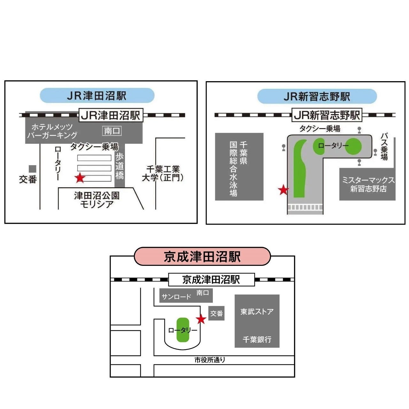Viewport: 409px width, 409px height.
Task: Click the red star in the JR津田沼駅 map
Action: [80, 178]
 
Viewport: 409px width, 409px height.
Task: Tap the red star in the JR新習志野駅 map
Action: [283, 190]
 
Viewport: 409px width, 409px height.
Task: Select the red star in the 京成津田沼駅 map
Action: [201, 319]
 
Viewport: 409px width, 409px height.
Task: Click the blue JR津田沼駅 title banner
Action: [97, 96]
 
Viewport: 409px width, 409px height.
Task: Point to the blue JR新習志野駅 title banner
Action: [317, 96]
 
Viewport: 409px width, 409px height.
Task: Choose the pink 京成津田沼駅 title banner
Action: [202, 257]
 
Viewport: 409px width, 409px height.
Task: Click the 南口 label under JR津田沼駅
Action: [112, 131]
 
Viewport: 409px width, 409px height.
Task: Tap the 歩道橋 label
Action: [120, 166]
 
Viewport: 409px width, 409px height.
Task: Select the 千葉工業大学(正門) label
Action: [163, 173]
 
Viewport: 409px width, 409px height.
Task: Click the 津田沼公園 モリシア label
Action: [96, 200]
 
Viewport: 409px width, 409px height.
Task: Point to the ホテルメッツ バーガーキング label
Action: [52, 131]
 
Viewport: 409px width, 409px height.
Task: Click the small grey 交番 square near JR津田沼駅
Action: [33, 169]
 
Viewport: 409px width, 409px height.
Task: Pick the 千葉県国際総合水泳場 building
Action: [239, 167]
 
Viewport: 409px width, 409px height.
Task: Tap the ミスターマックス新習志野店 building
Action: [368, 184]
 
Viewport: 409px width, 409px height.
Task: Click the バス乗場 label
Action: [384, 147]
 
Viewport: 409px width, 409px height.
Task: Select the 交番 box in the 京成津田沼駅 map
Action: [216, 313]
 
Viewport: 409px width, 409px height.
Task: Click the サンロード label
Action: [176, 297]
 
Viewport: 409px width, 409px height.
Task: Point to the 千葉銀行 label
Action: [257, 339]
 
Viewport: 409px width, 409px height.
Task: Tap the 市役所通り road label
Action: [210, 360]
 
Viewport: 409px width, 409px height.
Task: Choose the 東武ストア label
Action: [257, 312]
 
